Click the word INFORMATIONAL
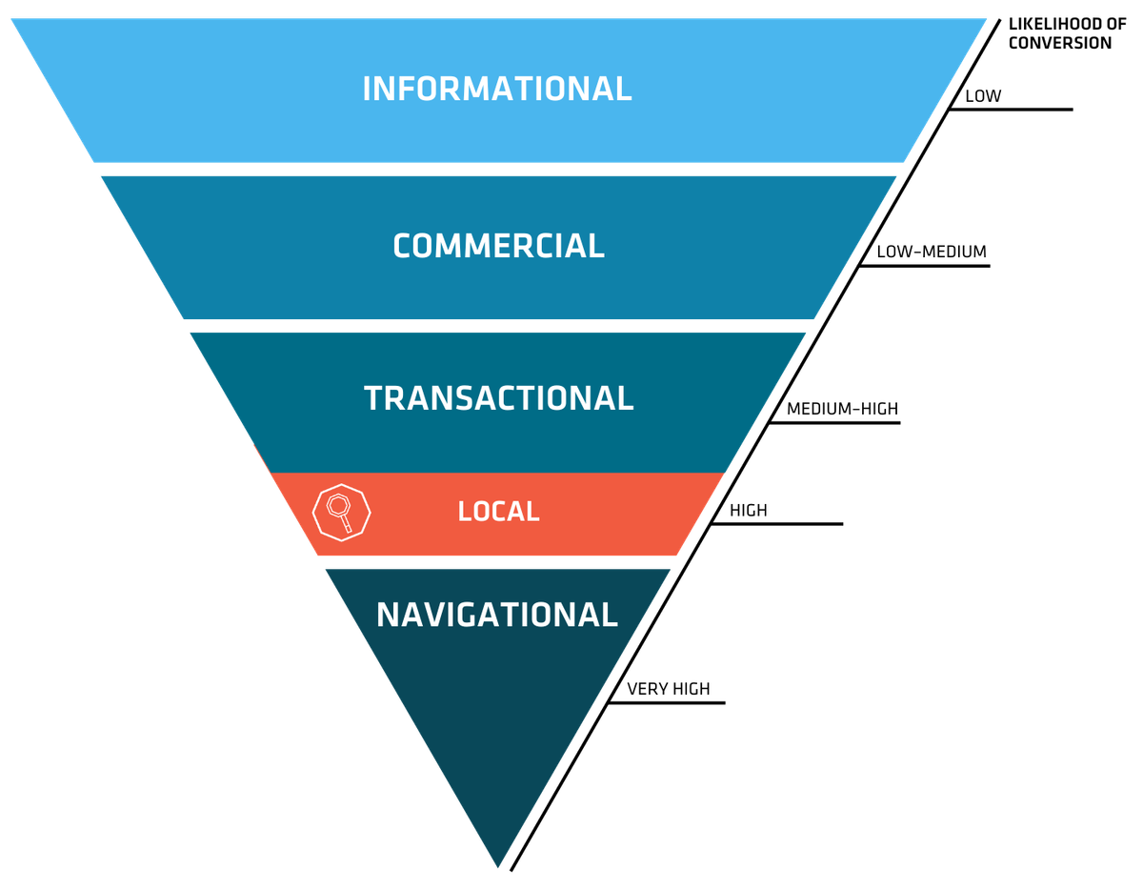coord(496,89)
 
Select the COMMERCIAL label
coord(498,246)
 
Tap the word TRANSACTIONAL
coord(498,397)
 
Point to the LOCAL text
coord(498,512)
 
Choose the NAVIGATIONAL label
coord(496,615)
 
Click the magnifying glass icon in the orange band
coord(340,512)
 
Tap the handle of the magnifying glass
coord(347,523)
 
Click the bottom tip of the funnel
coord(497,865)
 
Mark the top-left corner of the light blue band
coord(11,19)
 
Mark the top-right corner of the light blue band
coord(986,19)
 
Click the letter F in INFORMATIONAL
coord(406,89)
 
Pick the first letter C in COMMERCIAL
coord(403,246)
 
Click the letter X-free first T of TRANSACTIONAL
coord(373,397)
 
